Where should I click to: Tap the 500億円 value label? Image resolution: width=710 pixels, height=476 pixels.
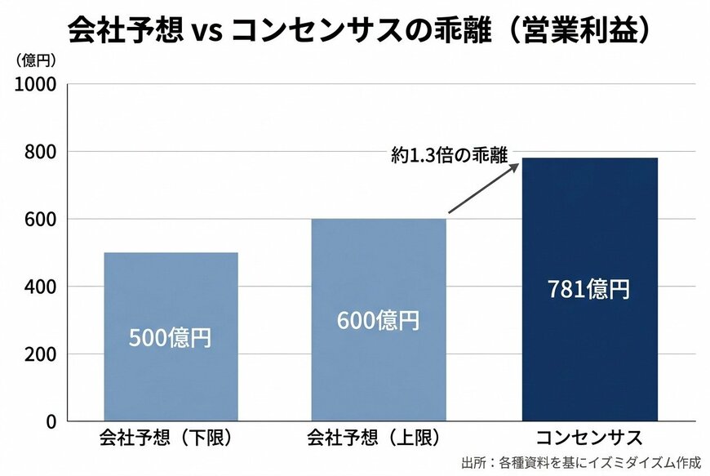click(171, 337)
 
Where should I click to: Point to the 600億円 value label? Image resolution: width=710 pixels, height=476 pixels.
click(378, 320)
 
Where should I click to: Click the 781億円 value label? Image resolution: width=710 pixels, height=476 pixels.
click(589, 289)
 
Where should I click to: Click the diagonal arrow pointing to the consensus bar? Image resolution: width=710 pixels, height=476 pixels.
click(483, 189)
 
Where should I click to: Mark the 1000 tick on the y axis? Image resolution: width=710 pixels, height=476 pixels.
click(38, 84)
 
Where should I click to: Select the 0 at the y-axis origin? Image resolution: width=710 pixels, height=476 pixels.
click(50, 422)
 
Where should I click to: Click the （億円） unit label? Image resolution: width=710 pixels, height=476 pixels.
click(35, 60)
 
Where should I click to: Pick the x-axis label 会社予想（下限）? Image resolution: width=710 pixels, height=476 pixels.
click(171, 437)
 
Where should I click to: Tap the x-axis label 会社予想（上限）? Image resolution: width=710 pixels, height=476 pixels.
click(378, 437)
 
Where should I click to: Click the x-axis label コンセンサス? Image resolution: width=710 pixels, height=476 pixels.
click(590, 437)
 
